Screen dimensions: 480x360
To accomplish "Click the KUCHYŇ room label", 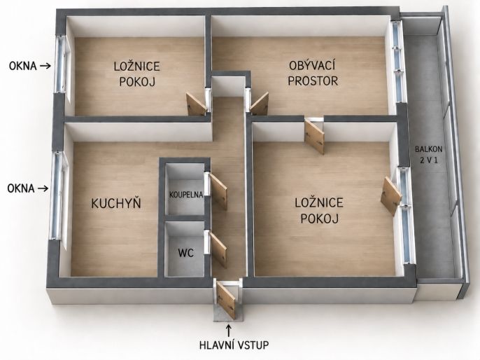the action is [116, 203].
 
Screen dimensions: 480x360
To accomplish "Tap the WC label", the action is [186, 253].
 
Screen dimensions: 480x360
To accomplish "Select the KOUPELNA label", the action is [186, 195].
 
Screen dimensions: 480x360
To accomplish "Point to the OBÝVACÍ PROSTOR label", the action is [313, 74].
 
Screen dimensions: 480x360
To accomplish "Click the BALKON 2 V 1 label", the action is [428, 154].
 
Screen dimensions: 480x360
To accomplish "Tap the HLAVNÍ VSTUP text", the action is [234, 345].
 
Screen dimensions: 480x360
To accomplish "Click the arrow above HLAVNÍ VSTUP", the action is [228, 331].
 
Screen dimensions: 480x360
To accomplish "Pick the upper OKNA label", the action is [23, 66].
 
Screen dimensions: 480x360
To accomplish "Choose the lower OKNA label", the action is [21, 188].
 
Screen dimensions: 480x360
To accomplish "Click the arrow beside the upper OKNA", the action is [45, 66].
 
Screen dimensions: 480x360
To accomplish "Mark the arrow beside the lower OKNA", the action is [43, 188].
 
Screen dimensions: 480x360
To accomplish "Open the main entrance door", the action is [226, 300].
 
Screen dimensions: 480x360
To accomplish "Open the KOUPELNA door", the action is [218, 191].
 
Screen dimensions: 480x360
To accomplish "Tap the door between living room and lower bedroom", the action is [314, 137].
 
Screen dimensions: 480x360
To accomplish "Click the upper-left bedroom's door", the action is [197, 104].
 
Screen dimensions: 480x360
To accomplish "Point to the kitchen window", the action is [58, 195].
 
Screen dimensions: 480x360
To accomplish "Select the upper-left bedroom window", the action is [62, 64].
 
